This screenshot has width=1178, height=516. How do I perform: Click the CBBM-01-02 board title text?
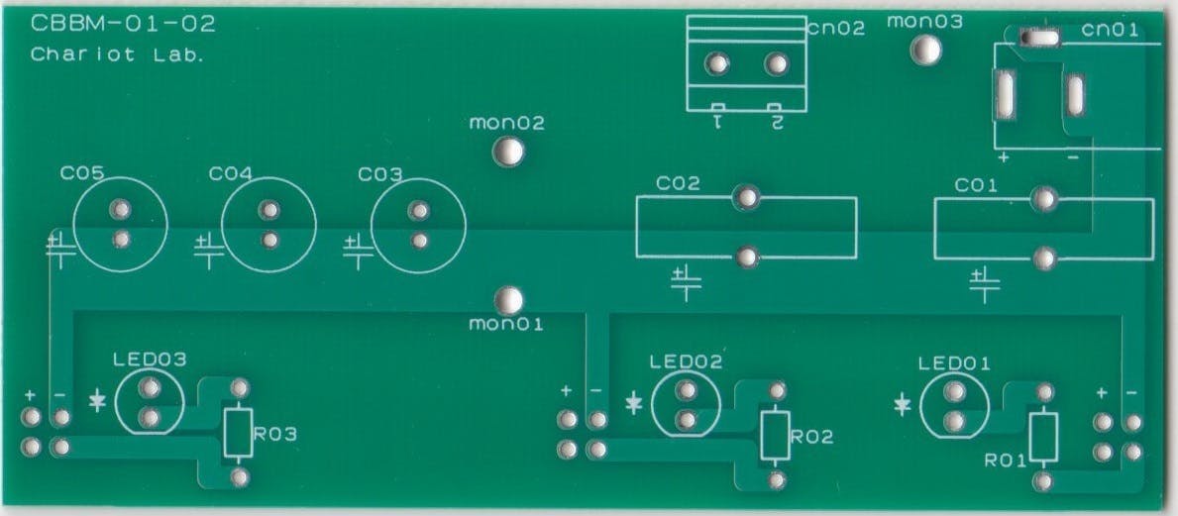pos(123,25)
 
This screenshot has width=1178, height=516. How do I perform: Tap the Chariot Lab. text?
pos(117,54)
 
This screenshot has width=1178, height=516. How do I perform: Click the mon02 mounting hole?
pos(508,153)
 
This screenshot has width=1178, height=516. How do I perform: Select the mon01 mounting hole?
pos(508,301)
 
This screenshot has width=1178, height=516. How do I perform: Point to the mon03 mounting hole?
pos(924,51)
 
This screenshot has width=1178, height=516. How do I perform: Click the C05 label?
pos(82,174)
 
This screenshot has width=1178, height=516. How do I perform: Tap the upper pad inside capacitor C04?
pos(268,210)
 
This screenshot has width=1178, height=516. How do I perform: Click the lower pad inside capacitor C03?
pos(419,241)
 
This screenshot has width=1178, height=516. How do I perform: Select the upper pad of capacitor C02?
pos(747,198)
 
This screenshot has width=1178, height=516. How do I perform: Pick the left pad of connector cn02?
pos(717,63)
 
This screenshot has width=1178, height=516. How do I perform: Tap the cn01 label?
pos(1110,30)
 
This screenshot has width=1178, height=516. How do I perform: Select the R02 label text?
pos(811,437)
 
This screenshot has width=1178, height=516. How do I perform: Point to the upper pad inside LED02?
pos(686,390)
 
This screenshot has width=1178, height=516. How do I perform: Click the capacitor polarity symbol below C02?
pos(686,282)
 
